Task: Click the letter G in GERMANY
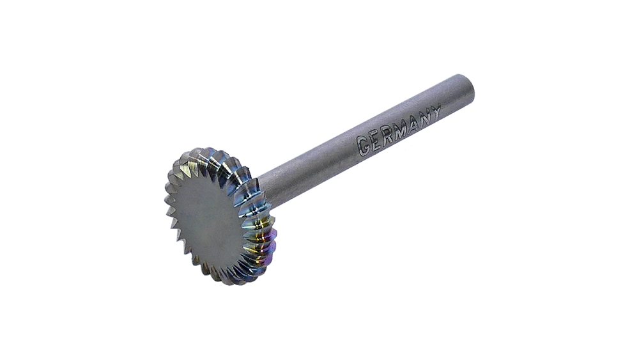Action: [364, 145]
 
